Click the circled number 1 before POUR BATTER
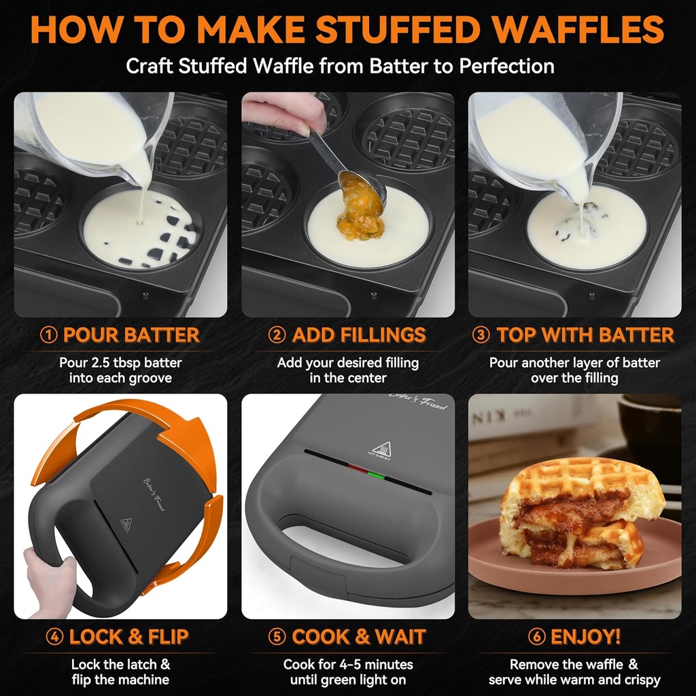click(49, 335)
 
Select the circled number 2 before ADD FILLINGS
click(277, 335)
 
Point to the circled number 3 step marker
click(481, 335)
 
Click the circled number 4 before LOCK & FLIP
click(55, 637)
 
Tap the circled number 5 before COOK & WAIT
click(277, 637)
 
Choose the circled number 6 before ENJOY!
click(537, 637)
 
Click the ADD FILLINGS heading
click(359, 335)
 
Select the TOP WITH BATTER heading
click(585, 335)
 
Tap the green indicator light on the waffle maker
click(372, 473)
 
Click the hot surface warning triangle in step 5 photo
click(381, 449)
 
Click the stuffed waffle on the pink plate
click(574, 513)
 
